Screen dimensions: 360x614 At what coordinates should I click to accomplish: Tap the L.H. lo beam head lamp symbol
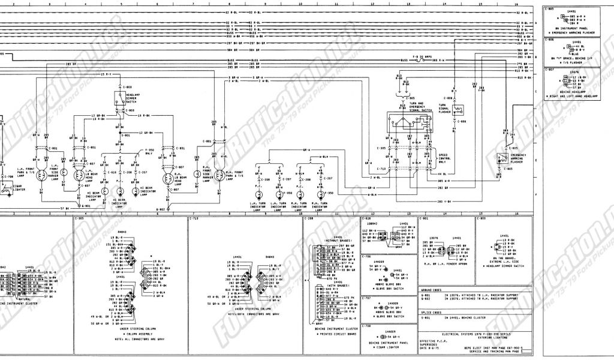pos(79,176)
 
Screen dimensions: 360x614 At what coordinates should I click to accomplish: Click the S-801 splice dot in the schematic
pos(121,135)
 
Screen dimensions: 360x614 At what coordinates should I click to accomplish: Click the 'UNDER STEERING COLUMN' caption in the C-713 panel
pos(243,310)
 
